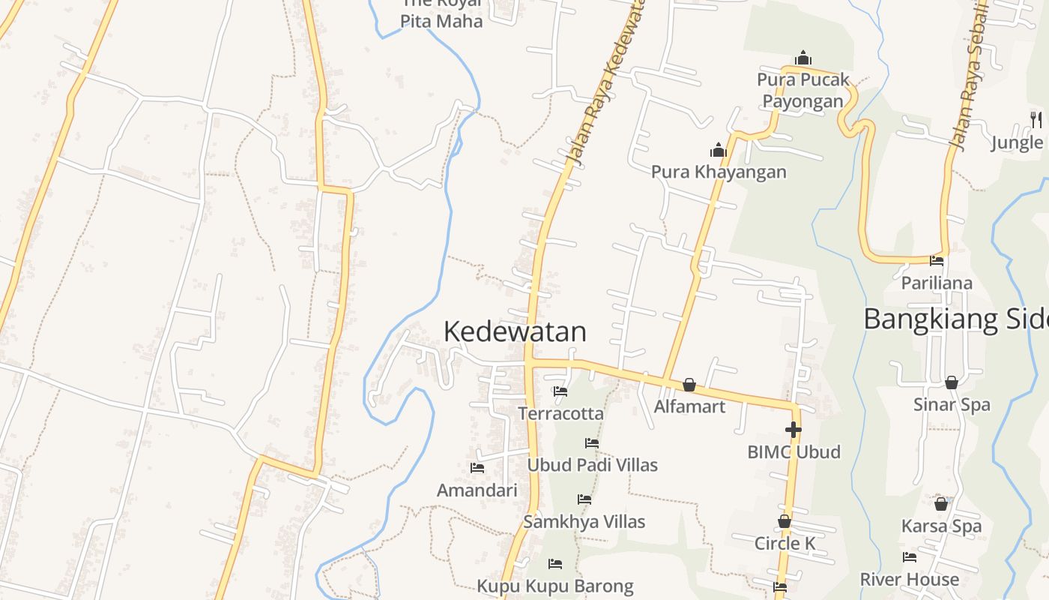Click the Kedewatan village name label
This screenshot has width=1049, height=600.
coord(515,331)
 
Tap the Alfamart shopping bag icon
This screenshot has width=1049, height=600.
coord(689,385)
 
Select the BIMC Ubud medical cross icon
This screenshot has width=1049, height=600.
coord(793,430)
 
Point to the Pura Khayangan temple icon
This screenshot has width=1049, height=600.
coord(719,151)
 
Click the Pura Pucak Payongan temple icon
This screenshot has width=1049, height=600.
coord(803,58)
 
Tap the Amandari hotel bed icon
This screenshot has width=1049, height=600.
coord(477,468)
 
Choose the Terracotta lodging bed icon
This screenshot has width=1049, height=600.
coord(560,391)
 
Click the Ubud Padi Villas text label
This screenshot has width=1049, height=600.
coord(592,465)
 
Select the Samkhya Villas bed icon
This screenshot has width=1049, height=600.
coord(584,499)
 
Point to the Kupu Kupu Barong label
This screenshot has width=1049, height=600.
coord(555,586)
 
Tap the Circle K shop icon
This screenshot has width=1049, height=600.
coord(785,521)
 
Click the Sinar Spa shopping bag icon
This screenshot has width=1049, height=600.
coord(951,383)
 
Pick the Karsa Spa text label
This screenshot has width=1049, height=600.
coord(941,526)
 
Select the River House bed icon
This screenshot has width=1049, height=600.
coord(910,557)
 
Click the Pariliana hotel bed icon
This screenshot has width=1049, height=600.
coord(937,261)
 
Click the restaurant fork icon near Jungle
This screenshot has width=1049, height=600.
coord(1036,118)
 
